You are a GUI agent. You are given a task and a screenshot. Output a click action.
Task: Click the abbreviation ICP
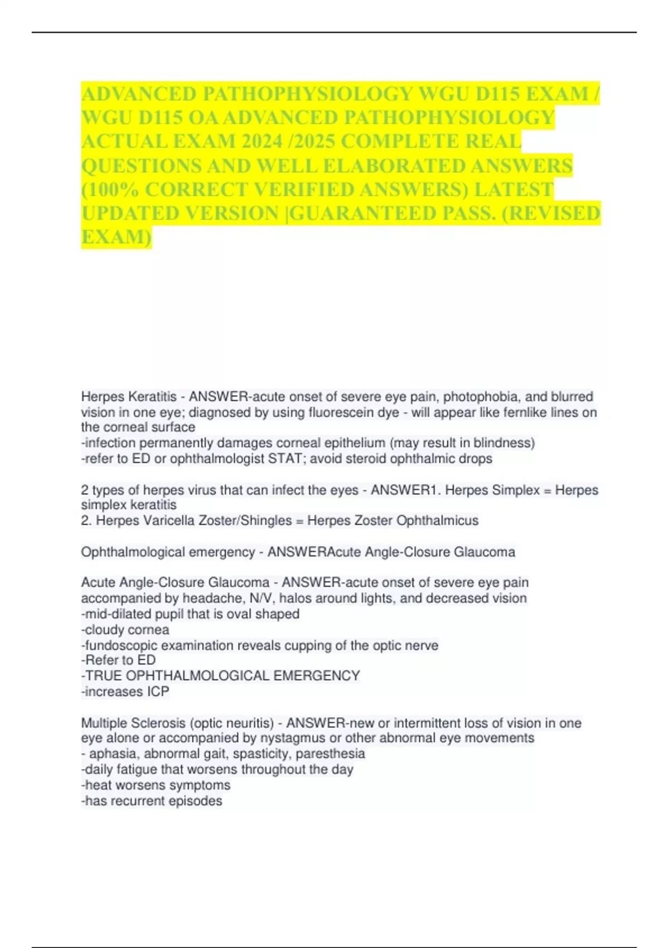[x=158, y=691]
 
